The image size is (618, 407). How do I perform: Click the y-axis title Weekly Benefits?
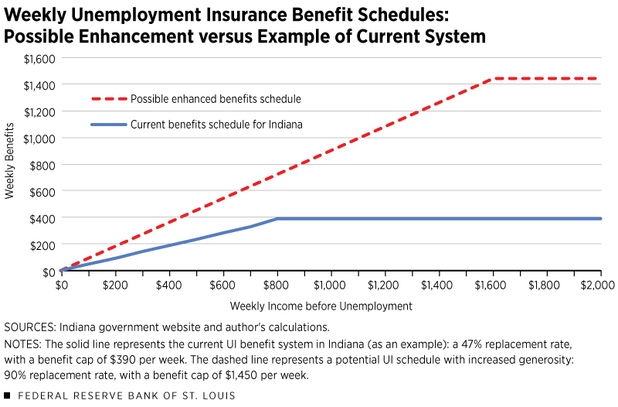coord(10,165)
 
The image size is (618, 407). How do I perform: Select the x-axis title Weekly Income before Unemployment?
coord(321,306)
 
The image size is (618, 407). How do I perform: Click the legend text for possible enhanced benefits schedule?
coord(216,99)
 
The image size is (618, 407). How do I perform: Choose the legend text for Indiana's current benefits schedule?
coord(217,124)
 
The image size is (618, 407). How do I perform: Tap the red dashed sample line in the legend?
coord(107,99)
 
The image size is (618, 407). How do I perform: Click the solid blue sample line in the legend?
coord(107,124)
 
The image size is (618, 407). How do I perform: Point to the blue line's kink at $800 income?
coord(277,219)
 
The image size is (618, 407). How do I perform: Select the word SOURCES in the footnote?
coord(28,327)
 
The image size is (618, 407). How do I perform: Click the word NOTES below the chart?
coord(22,343)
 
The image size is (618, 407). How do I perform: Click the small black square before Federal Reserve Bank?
coord(7,395)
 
